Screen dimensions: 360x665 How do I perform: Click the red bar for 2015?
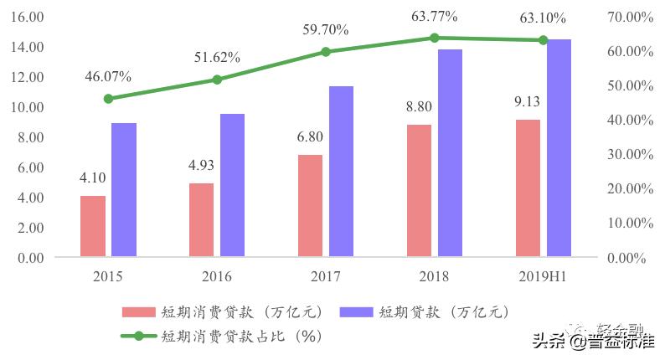coord(93,226)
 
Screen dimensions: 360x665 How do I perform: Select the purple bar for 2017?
coord(341,172)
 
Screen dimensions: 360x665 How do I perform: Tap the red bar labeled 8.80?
coord(419,191)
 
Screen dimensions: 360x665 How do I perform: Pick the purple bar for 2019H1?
coord(559,148)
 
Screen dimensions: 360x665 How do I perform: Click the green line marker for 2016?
coord(217,80)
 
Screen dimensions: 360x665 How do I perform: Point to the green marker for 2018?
coord(434,38)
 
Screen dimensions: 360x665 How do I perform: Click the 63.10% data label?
coord(543,18)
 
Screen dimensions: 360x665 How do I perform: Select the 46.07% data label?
coord(108,76)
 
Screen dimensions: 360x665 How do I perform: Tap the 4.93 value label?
coord(202,165)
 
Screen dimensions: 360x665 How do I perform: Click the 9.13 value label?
coord(528,101)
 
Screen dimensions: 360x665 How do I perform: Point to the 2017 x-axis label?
coord(325,276)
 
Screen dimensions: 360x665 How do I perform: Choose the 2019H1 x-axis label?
coord(543,276)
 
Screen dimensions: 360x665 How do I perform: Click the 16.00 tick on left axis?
coord(29,17)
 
